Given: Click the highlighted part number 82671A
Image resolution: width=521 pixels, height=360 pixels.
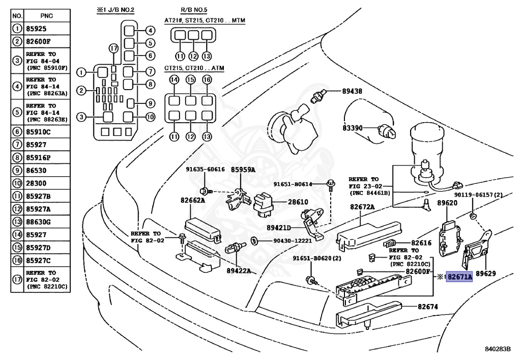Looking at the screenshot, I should coord(459,276).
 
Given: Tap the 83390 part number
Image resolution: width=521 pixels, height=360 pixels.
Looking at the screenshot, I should coord(351,128).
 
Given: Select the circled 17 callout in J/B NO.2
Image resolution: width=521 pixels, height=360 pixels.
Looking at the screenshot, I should coord(113,48).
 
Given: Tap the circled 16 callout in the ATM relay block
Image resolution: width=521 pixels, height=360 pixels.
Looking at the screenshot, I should coord(207,80).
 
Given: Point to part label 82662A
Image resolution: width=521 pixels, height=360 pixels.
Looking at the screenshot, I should coord(191,200).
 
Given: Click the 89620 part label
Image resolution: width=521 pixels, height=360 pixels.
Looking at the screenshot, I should coord(448,203).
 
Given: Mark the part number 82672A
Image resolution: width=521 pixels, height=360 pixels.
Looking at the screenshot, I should coord(362,207).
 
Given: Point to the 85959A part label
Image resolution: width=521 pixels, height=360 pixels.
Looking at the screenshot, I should coord(243,169).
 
